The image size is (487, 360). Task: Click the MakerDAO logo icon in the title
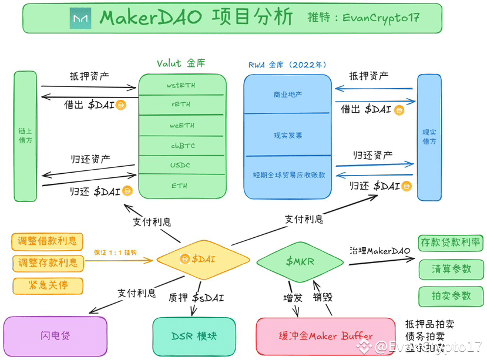tap(80, 18)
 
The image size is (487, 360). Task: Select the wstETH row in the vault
tap(182, 85)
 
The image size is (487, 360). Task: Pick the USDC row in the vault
tap(182, 166)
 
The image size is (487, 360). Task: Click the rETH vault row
tap(182, 105)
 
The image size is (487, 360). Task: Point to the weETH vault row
tap(182, 125)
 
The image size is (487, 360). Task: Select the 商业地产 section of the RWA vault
tap(288, 95)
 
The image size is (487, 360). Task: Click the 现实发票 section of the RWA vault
tap(288, 135)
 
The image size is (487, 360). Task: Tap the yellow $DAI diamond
tap(203, 259)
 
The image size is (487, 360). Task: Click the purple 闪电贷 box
tap(55, 336)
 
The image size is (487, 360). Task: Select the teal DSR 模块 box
tap(194, 337)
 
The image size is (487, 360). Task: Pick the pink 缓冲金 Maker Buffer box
tap(325, 337)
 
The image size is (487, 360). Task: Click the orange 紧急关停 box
tap(48, 286)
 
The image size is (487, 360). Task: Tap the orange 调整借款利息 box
tap(48, 241)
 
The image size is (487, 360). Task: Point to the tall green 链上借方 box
tap(25, 136)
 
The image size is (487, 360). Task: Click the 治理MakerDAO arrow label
tap(379, 251)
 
